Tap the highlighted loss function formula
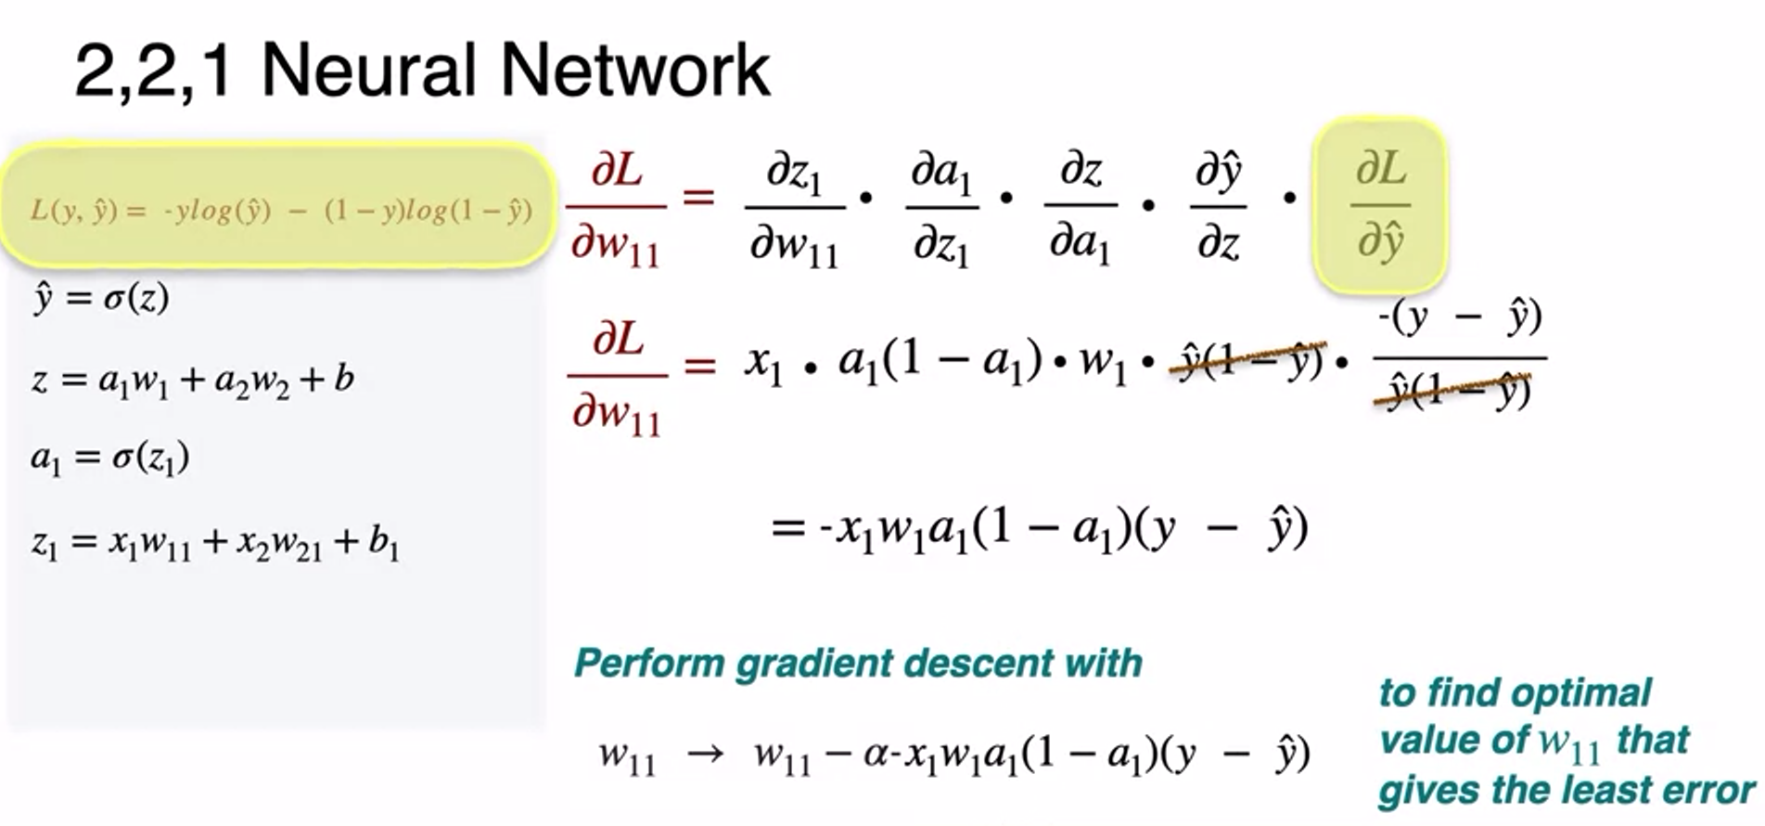281,211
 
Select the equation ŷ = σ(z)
100,298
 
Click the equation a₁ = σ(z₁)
109,458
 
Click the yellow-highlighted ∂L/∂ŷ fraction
1380,205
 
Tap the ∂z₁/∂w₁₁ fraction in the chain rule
794,206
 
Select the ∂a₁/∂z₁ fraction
941,206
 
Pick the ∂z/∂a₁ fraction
1080,206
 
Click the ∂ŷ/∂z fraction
1218,206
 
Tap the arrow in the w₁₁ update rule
705,753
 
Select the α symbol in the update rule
876,754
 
